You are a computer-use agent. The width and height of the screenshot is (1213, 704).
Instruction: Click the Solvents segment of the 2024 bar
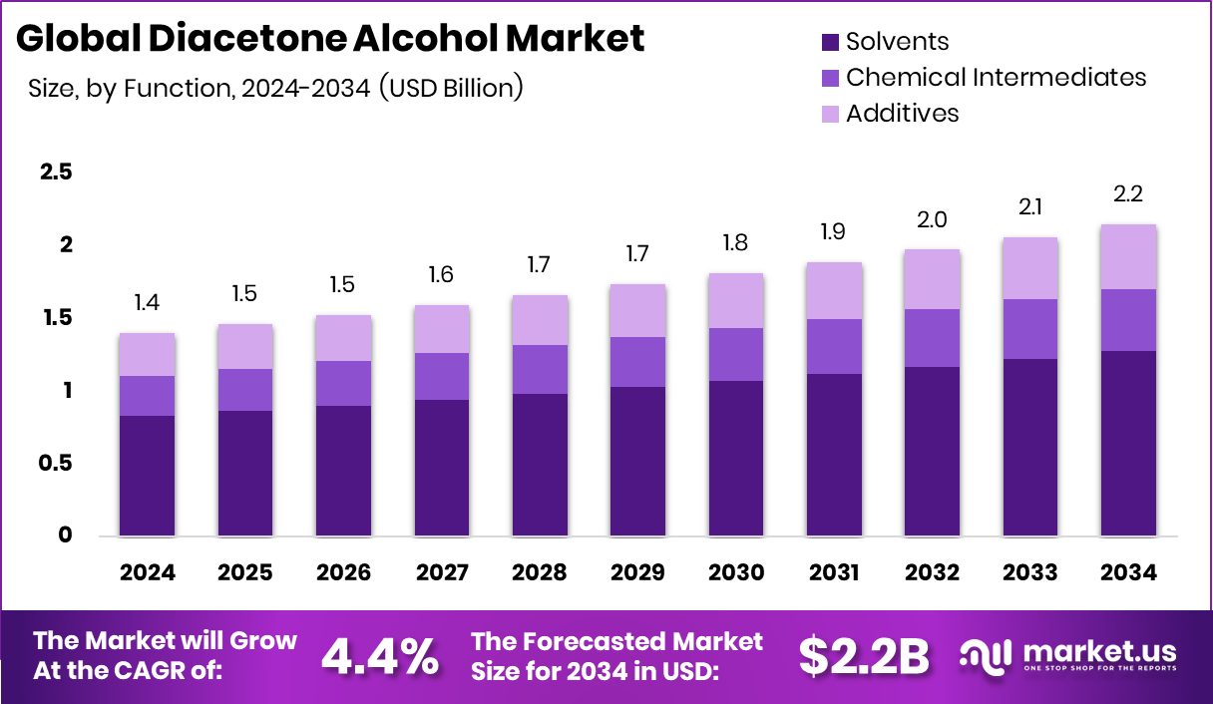tap(148, 476)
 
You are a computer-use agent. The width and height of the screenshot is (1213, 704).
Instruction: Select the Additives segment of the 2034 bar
tap(1128, 257)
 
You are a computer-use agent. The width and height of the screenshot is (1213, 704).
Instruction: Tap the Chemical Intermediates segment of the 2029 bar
tap(637, 362)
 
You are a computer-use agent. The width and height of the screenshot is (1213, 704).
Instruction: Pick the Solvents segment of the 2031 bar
tap(834, 455)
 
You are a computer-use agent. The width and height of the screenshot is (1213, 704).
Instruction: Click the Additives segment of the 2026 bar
tap(343, 338)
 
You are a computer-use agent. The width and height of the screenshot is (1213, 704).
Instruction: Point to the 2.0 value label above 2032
tap(932, 219)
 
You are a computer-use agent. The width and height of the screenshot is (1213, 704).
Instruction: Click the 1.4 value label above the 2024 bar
tap(148, 303)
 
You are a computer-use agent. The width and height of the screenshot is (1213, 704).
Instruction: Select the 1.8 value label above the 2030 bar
tap(735, 243)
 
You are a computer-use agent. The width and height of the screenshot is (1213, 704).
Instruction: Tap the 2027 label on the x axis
tap(442, 572)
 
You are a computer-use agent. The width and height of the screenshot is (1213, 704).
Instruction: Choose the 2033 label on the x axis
tap(1029, 572)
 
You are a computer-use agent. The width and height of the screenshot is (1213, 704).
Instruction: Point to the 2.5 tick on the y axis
tap(56, 173)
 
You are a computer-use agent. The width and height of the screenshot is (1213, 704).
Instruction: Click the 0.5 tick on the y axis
tap(56, 464)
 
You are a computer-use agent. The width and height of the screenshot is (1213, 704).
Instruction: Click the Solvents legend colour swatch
tap(830, 42)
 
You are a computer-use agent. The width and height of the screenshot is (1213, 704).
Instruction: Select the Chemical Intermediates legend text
tap(996, 77)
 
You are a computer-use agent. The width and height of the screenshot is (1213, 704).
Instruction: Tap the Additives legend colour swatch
tap(830, 114)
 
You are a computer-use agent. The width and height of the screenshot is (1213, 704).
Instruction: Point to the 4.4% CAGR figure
tap(379, 655)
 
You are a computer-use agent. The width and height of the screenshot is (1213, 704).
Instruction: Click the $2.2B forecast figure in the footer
tap(864, 655)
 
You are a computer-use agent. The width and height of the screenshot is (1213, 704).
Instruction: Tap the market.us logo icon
tap(987, 655)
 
